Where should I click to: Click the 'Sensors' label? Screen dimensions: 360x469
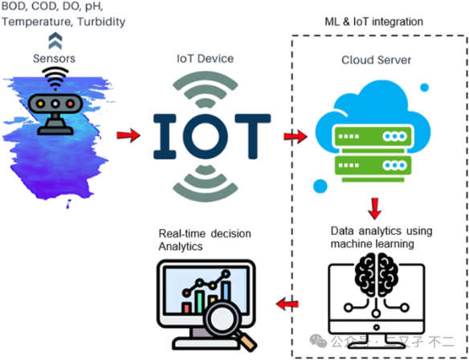(x=55, y=59)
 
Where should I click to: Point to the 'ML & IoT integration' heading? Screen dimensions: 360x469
(x=377, y=22)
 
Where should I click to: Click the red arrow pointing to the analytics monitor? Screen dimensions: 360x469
(x=287, y=304)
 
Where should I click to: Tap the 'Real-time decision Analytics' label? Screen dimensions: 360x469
(x=205, y=239)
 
